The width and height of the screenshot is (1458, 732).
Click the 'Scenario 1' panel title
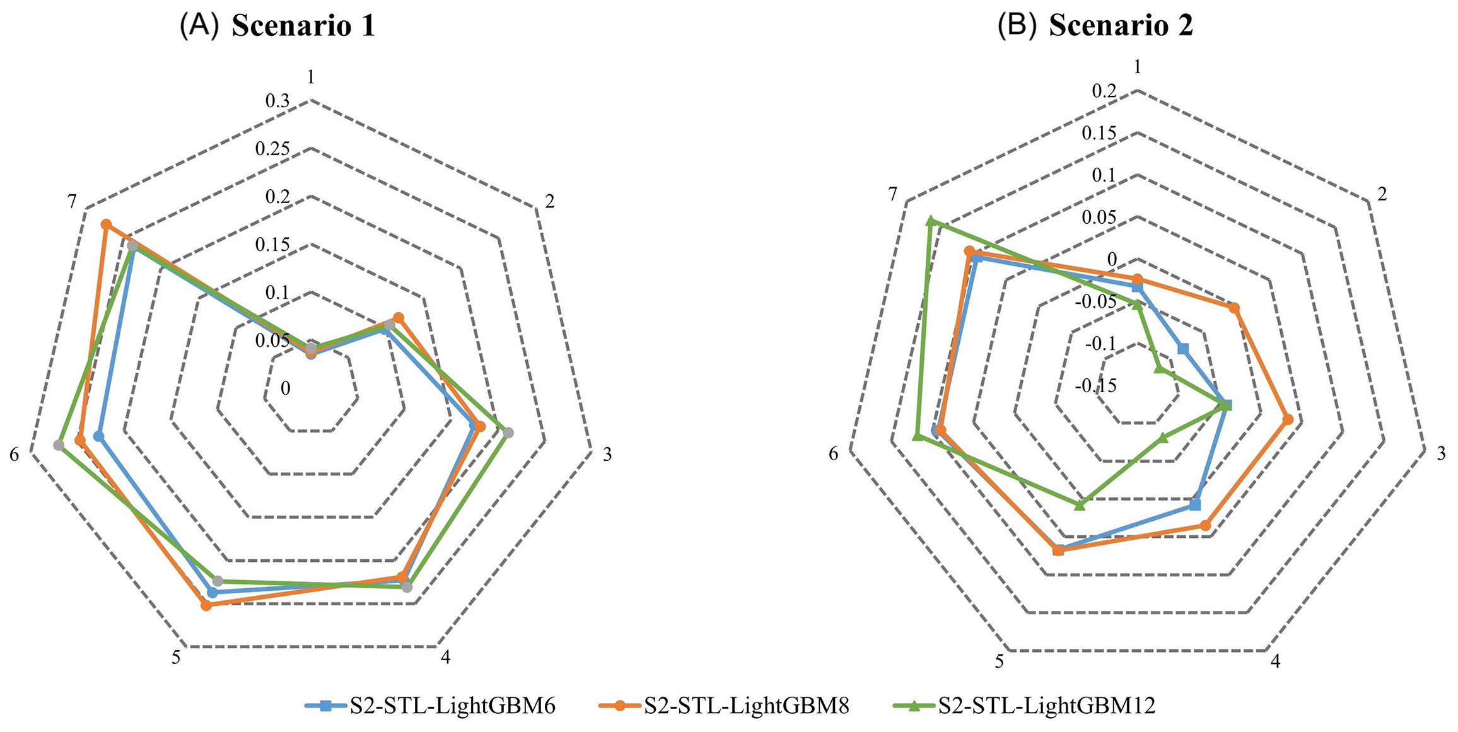(x=303, y=26)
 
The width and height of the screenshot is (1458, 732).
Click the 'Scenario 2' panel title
(x=1121, y=26)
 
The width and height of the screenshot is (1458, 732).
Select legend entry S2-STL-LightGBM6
(x=452, y=706)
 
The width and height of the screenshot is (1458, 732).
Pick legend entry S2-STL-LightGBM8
(x=746, y=706)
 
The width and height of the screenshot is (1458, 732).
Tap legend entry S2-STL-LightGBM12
(x=1047, y=706)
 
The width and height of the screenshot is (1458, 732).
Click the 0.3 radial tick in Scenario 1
(x=277, y=101)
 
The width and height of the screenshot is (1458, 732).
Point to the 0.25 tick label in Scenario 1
(x=272, y=149)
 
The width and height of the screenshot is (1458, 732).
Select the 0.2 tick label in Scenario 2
(x=1104, y=91)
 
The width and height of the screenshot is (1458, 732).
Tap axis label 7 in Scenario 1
(x=72, y=202)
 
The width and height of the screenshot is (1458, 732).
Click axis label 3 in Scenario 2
(x=1441, y=453)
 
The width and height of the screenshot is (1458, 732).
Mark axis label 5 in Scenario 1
(x=176, y=658)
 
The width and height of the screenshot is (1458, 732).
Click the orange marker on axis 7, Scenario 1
(x=106, y=224)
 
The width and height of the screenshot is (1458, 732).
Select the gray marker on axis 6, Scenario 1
(x=59, y=445)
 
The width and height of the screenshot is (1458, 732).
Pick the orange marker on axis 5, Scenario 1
(x=206, y=605)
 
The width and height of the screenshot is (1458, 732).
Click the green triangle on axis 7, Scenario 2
(x=930, y=221)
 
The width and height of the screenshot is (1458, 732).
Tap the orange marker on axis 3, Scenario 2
(x=1288, y=419)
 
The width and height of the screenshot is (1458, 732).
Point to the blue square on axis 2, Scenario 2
(x=1183, y=349)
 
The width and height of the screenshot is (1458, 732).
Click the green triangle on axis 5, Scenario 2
(x=1080, y=504)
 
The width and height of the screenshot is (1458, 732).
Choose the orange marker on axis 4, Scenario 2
(x=1205, y=525)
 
